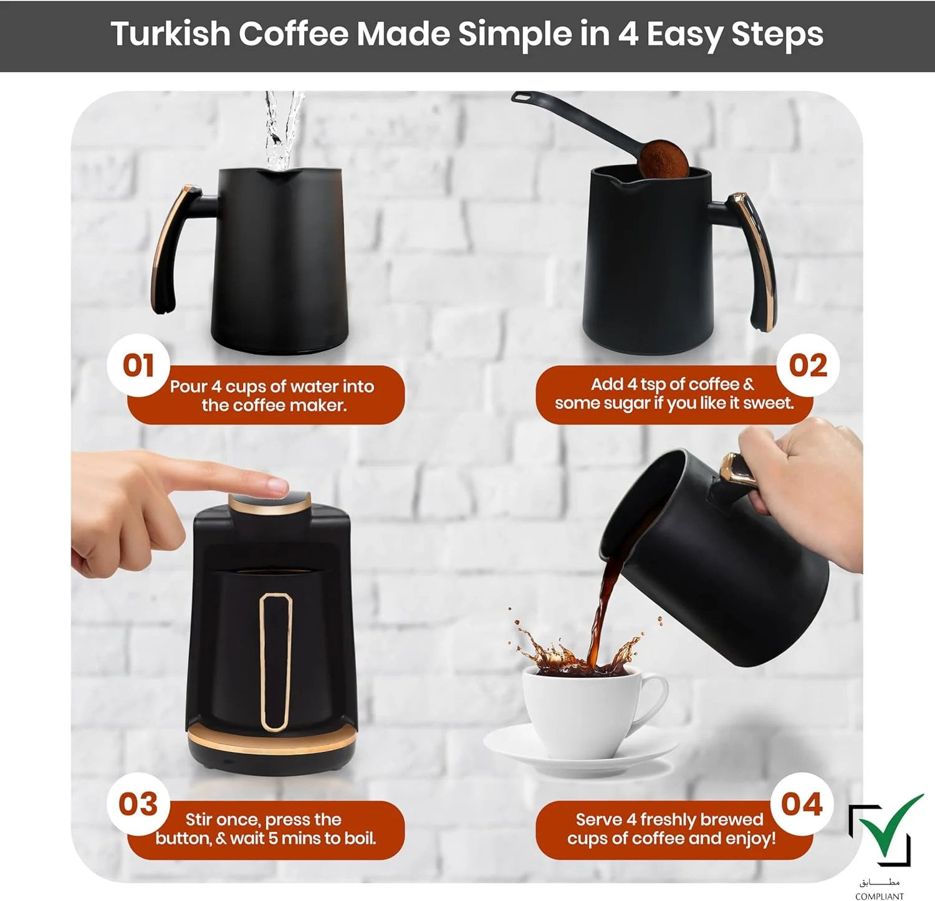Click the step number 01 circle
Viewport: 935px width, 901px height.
point(138,365)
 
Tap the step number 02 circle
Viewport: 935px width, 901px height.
point(808,365)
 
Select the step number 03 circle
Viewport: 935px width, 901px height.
point(138,804)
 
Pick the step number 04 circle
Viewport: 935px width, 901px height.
point(802,804)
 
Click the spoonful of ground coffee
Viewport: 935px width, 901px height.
point(663,159)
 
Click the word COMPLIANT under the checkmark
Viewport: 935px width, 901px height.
point(880,896)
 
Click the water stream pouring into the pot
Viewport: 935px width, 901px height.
point(282,131)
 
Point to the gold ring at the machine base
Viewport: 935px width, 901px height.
point(272,741)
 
